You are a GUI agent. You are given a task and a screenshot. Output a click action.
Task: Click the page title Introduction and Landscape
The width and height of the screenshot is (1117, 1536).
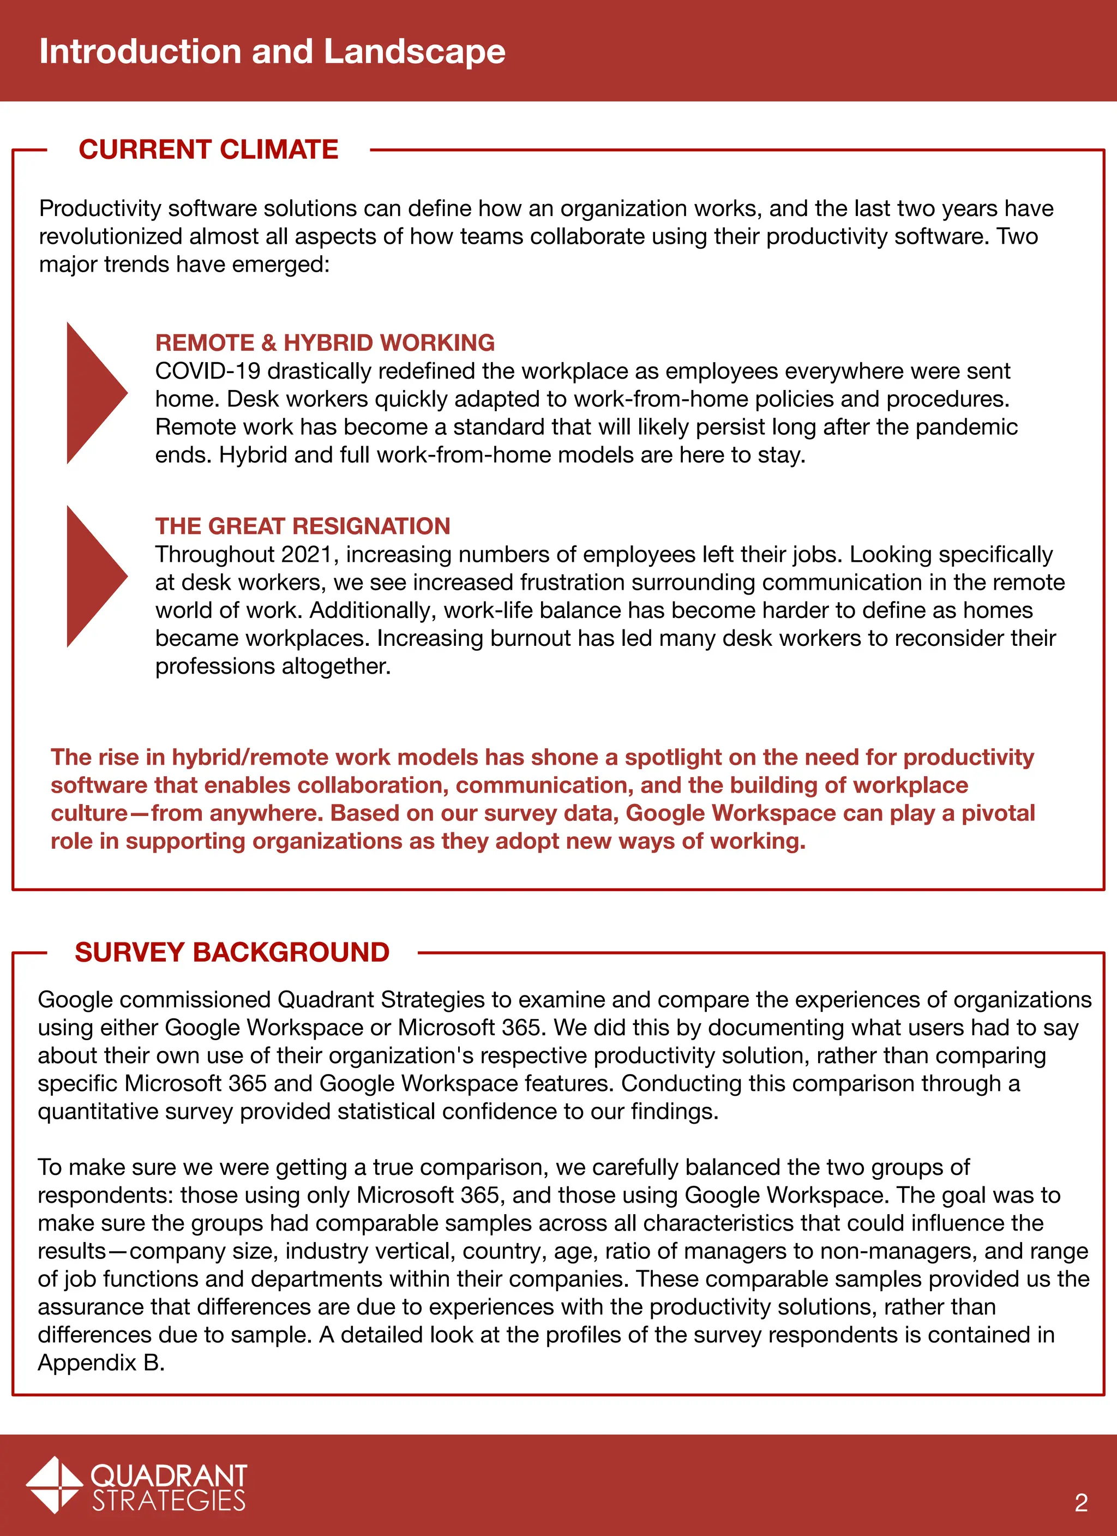pos(272,51)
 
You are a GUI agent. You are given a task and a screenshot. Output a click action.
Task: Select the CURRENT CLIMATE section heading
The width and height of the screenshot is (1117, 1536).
pos(208,149)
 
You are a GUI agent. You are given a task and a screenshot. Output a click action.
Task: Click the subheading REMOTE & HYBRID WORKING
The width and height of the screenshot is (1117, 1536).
pos(325,343)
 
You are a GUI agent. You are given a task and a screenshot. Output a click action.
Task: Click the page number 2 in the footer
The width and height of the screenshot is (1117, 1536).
pos(1080,1502)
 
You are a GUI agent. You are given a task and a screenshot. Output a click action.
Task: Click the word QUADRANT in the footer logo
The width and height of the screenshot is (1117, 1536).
pos(169,1474)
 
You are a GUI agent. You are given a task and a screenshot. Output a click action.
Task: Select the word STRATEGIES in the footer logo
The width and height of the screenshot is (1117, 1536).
pos(169,1500)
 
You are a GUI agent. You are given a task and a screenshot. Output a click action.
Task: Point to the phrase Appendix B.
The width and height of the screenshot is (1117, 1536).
pos(100,1363)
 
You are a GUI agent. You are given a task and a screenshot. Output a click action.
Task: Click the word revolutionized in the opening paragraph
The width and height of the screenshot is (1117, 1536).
pos(110,236)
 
